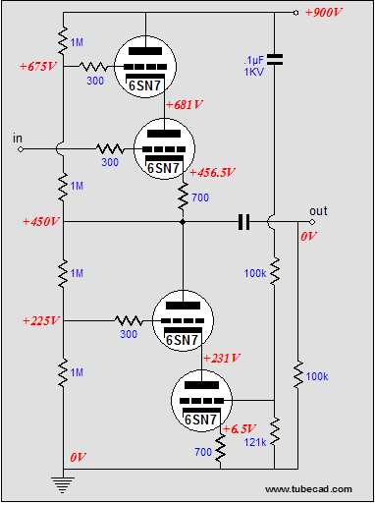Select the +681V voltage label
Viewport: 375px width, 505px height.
185,104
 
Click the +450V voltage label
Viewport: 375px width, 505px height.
40,222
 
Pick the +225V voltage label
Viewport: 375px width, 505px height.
40,320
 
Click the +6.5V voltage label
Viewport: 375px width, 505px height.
240,429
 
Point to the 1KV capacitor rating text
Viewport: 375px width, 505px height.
253,72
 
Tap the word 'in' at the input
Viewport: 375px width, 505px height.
17,138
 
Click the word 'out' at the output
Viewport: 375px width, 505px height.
318,210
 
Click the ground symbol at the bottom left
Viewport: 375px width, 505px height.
61,481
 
